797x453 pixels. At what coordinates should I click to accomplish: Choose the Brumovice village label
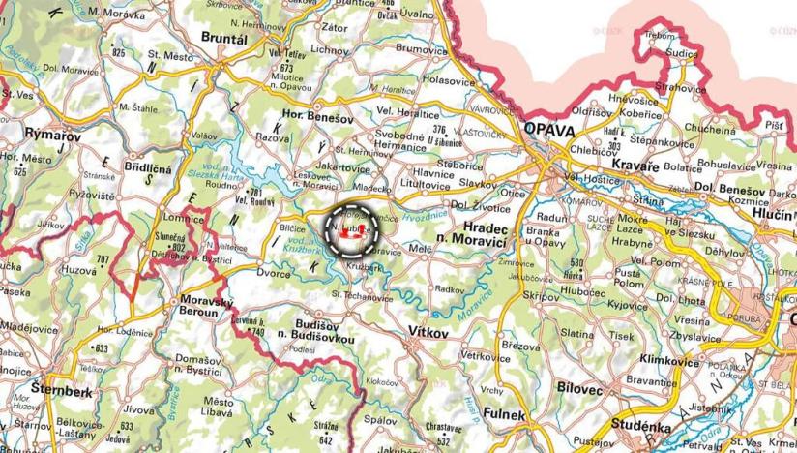[x=419, y=47]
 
